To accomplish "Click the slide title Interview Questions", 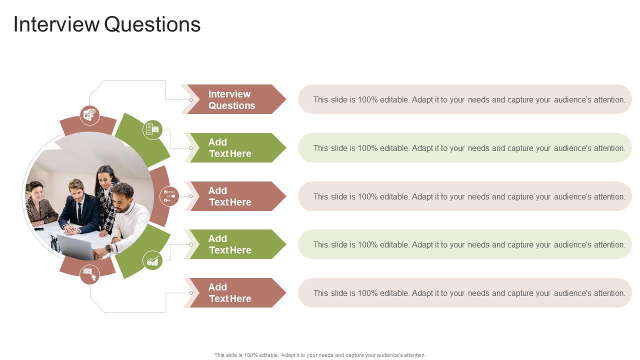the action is [x=107, y=24].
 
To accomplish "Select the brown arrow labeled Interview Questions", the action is [x=233, y=99].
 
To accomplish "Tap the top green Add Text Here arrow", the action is [x=235, y=147].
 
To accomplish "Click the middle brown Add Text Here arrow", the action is [x=235, y=196].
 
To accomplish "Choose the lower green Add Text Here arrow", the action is [x=235, y=244].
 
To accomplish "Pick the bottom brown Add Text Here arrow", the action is [x=235, y=293].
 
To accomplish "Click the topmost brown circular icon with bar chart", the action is [x=89, y=115].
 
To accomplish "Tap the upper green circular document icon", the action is [x=152, y=130].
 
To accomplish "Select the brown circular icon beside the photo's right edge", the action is [x=169, y=196].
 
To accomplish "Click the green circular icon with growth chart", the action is [x=152, y=260].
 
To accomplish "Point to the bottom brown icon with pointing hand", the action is [x=89, y=275].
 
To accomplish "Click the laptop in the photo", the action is [x=75, y=247].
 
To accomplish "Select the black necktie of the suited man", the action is [x=79, y=213].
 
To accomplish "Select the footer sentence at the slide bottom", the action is [x=320, y=355].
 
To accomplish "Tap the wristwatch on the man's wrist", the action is [x=108, y=248].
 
